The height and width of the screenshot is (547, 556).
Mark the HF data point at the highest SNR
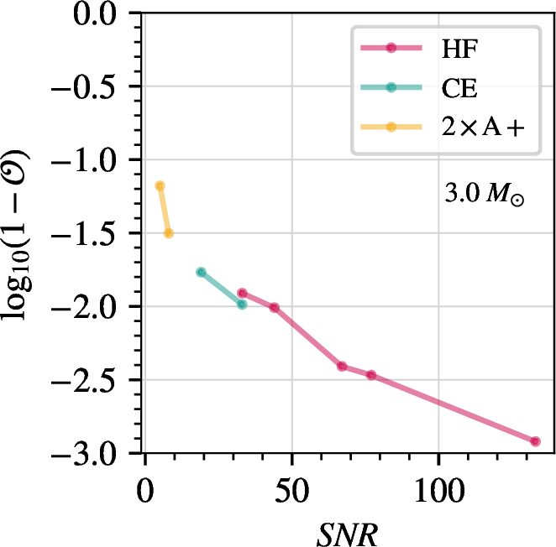535,441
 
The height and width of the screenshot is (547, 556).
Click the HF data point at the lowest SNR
242,294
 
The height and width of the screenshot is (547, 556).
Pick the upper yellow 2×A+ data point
160,185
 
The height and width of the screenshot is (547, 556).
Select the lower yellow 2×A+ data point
169,233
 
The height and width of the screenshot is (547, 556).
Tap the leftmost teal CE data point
201,272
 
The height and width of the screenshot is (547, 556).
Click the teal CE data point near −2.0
242,305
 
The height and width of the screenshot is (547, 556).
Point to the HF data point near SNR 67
342,366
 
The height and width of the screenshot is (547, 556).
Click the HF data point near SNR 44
274,308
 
